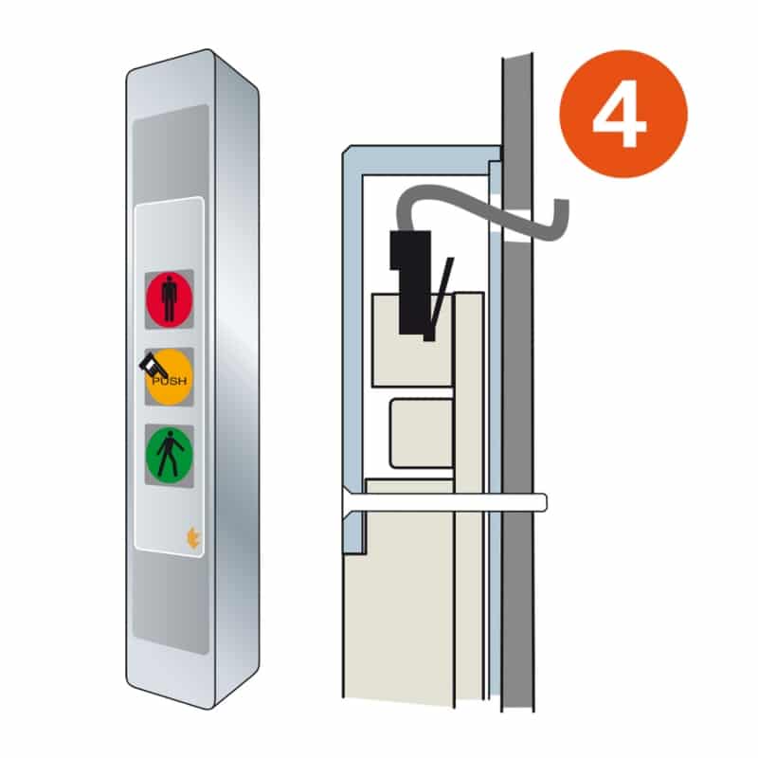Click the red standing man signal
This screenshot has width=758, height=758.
click(x=170, y=299)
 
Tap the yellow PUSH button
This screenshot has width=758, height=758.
click(x=170, y=377)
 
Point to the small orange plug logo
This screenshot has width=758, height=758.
click(x=193, y=538)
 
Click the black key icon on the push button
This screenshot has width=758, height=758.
click(x=152, y=366)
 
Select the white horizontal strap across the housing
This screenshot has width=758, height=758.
click(x=444, y=502)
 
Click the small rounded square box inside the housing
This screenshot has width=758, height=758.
click(x=422, y=434)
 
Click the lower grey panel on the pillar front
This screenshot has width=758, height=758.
click(x=171, y=603)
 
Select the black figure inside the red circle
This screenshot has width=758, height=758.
click(x=170, y=299)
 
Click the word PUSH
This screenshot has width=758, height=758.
click(x=170, y=382)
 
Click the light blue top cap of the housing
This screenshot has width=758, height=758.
click(x=421, y=159)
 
